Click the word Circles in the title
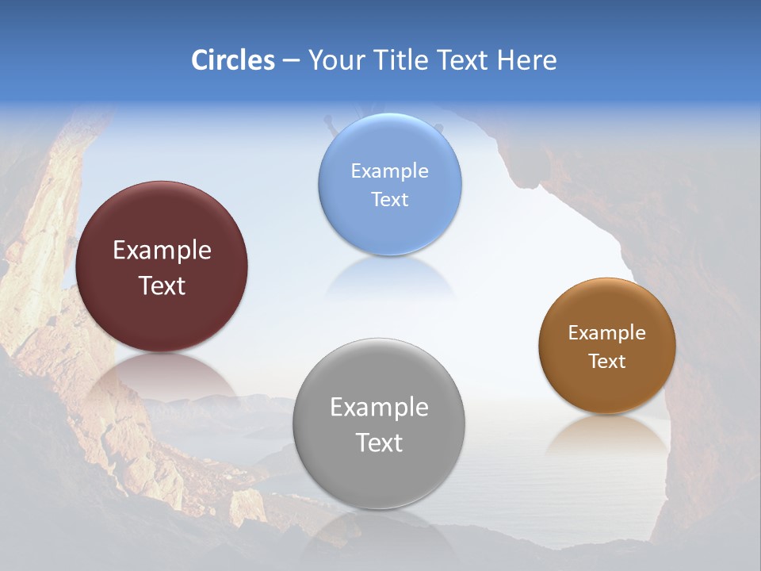tap(233, 60)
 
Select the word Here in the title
tap(527, 60)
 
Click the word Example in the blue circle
tap(389, 171)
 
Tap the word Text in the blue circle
tap(389, 199)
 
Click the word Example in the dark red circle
tap(162, 251)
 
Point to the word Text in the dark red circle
tap(162, 285)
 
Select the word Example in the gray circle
tap(379, 408)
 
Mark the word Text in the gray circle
tap(379, 443)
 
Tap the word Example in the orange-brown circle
tap(607, 333)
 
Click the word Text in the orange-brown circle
tap(607, 362)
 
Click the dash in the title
tap(291, 61)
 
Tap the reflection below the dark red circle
tap(162, 377)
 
